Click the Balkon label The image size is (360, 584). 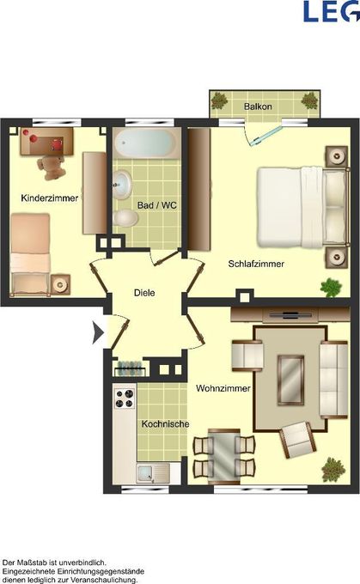pyautogui.click(x=258, y=106)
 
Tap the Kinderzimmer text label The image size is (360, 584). pyautogui.click(x=50, y=198)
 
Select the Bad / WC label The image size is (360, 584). pyautogui.click(x=157, y=205)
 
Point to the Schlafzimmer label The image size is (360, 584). pyautogui.click(x=256, y=264)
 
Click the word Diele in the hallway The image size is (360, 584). pyautogui.click(x=144, y=293)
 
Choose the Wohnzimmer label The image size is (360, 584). pyautogui.click(x=223, y=388)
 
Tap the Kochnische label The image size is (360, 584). pyautogui.click(x=165, y=424)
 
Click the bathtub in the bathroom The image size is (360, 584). pyautogui.click(x=146, y=143)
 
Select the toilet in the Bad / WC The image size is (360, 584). pyautogui.click(x=125, y=218)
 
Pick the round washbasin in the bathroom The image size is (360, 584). pyautogui.click(x=122, y=184)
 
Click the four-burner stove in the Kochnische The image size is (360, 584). pyautogui.click(x=124, y=398)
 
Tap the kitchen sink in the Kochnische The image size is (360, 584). pyautogui.click(x=153, y=473)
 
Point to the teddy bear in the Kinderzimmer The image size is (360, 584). pyautogui.click(x=51, y=167)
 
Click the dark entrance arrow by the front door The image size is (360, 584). pyautogui.click(x=98, y=332)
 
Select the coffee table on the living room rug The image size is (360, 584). pyautogui.click(x=290, y=380)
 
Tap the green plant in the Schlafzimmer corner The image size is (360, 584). pyautogui.click(x=332, y=288)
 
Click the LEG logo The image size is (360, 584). pyautogui.click(x=331, y=11)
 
